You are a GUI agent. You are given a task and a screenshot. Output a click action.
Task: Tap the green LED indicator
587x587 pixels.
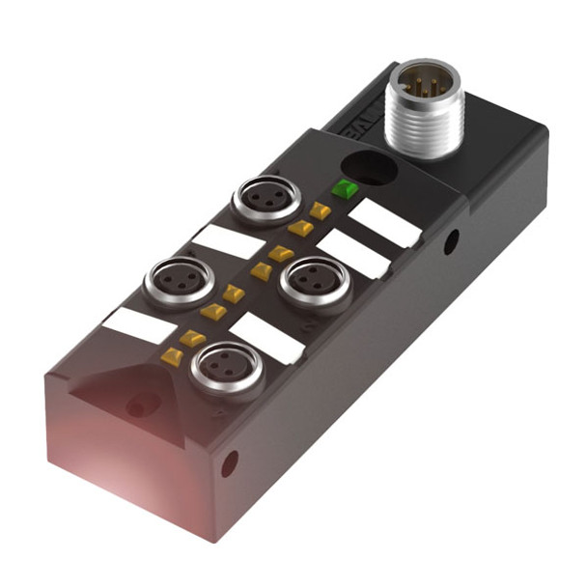pyautogui.click(x=342, y=188)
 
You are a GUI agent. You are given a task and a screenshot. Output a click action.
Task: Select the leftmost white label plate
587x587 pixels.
pyautogui.click(x=139, y=327)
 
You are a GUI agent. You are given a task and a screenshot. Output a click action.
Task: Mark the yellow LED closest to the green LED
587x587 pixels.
pyautogui.click(x=320, y=210)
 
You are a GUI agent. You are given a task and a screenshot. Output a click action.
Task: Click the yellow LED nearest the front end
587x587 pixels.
pyautogui.click(x=173, y=357)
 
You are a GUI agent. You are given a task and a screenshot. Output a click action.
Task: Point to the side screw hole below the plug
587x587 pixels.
pyautogui.click(x=450, y=243)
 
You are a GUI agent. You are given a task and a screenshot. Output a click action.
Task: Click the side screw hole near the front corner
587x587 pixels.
pyautogui.click(x=229, y=464)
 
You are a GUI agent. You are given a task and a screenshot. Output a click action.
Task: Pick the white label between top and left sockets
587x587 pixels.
pyautogui.click(x=228, y=241)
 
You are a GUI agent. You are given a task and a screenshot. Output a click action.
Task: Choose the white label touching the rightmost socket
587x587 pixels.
pyautogui.click(x=352, y=254)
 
